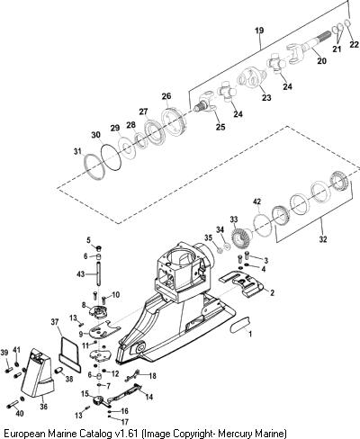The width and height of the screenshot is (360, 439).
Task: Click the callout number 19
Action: [259, 31]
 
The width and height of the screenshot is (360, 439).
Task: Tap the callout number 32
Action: [323, 239]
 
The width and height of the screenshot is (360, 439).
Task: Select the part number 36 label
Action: [44, 407]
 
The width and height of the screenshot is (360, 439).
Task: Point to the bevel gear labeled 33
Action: [241, 237]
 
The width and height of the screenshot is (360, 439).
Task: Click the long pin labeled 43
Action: [99, 274]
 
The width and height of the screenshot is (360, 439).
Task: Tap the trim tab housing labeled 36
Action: [38, 376]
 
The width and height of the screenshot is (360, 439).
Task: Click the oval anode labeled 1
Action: [240, 325]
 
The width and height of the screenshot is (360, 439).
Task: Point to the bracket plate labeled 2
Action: [242, 284]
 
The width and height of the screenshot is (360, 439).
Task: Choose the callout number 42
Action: [256, 202]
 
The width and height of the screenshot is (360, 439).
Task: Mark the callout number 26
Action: [166, 96]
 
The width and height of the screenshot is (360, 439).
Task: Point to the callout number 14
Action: [148, 397]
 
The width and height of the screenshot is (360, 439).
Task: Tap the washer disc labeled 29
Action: [128, 147]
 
